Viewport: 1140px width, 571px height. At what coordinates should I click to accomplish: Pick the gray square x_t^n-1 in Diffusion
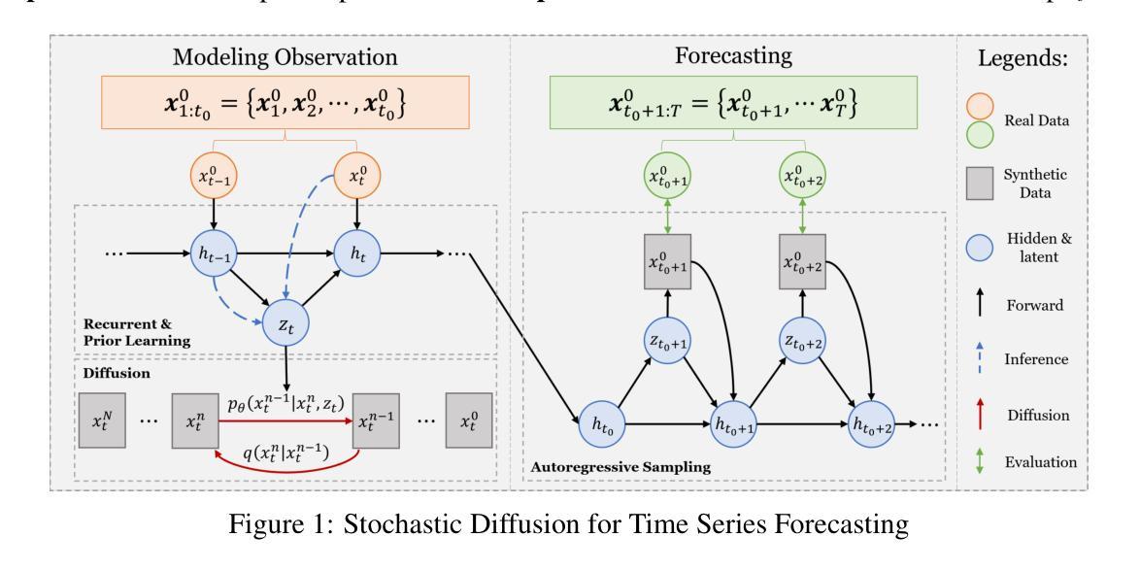tap(379, 421)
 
